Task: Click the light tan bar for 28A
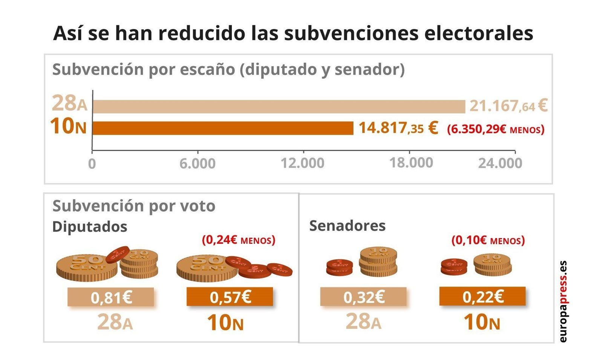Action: coord(279,107)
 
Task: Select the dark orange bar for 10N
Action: coord(223,128)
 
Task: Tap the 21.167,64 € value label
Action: coord(508,105)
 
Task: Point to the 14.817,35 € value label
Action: coord(398,128)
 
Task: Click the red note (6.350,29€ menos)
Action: coord(496,130)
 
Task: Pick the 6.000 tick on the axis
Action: coord(197,163)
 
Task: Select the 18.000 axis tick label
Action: coord(411,163)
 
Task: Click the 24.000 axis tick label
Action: coord(500,163)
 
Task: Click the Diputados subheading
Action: coord(90,227)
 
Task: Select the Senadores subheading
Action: coord(347,226)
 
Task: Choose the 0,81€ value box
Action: coord(111,297)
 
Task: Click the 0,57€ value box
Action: coord(230,297)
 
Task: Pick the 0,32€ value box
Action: coord(363,297)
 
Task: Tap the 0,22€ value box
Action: coord(482,296)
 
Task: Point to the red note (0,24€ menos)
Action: coord(239,240)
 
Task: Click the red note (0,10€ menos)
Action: coord(488,240)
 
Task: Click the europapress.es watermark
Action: coord(563,301)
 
